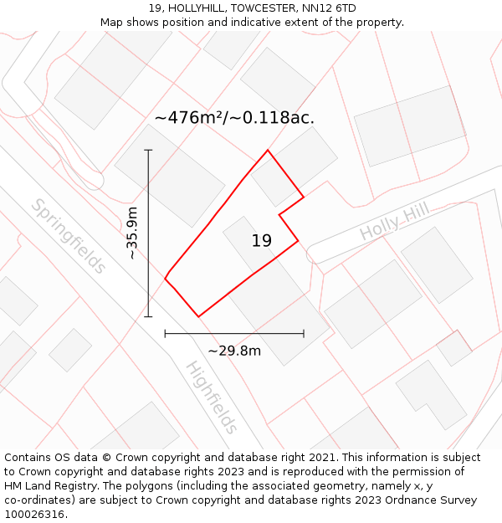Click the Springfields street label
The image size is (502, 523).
[69, 236]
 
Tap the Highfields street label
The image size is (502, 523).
[211, 397]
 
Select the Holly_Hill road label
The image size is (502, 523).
[394, 220]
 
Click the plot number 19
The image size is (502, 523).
[261, 241]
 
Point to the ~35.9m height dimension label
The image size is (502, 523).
[132, 233]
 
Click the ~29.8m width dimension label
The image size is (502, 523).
[234, 351]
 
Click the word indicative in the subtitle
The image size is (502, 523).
[259, 22]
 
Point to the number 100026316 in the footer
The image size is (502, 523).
[36, 514]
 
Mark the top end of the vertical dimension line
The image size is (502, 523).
[149, 150]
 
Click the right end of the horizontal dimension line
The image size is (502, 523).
[304, 333]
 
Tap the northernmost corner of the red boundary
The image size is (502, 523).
[268, 151]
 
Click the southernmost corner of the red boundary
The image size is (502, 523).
[198, 316]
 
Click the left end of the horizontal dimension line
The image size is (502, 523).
[165, 333]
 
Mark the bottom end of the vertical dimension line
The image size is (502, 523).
[149, 316]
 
